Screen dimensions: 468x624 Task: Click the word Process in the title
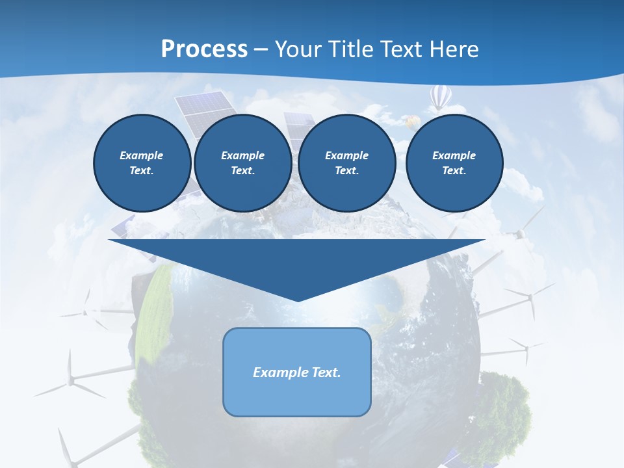click(204, 49)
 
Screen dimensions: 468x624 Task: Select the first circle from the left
click(142, 163)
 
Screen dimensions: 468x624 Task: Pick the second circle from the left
click(242, 163)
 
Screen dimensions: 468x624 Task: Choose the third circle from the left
click(347, 163)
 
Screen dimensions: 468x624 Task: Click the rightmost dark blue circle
click(454, 163)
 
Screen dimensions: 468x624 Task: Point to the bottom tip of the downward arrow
click(298, 300)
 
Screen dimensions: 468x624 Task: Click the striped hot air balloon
click(440, 97)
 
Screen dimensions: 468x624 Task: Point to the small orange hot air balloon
click(411, 121)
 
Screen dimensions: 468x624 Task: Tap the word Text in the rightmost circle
click(454, 171)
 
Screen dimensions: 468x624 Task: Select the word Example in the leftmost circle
click(142, 155)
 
